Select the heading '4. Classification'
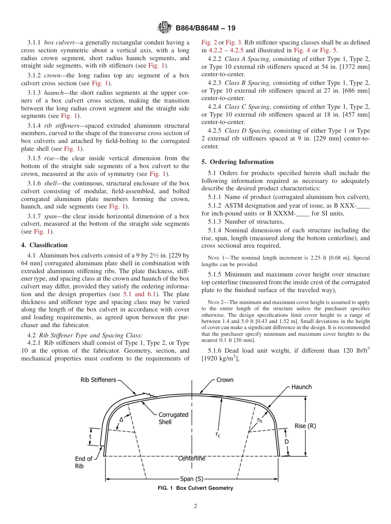tap(44, 245)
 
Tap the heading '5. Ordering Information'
tap(237, 162)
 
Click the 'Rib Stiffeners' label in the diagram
tap(98, 380)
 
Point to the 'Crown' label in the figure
tap(225, 380)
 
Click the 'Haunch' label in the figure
tap(301, 387)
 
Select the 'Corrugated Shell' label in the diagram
tap(173, 418)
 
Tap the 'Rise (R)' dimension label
tap(305, 426)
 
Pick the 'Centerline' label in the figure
tap(191, 458)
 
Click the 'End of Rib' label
tap(83, 462)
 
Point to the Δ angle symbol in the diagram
tap(121, 419)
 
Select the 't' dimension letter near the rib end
tap(90, 436)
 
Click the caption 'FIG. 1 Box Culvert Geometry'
tap(195, 488)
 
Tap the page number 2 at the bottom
tap(195, 506)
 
